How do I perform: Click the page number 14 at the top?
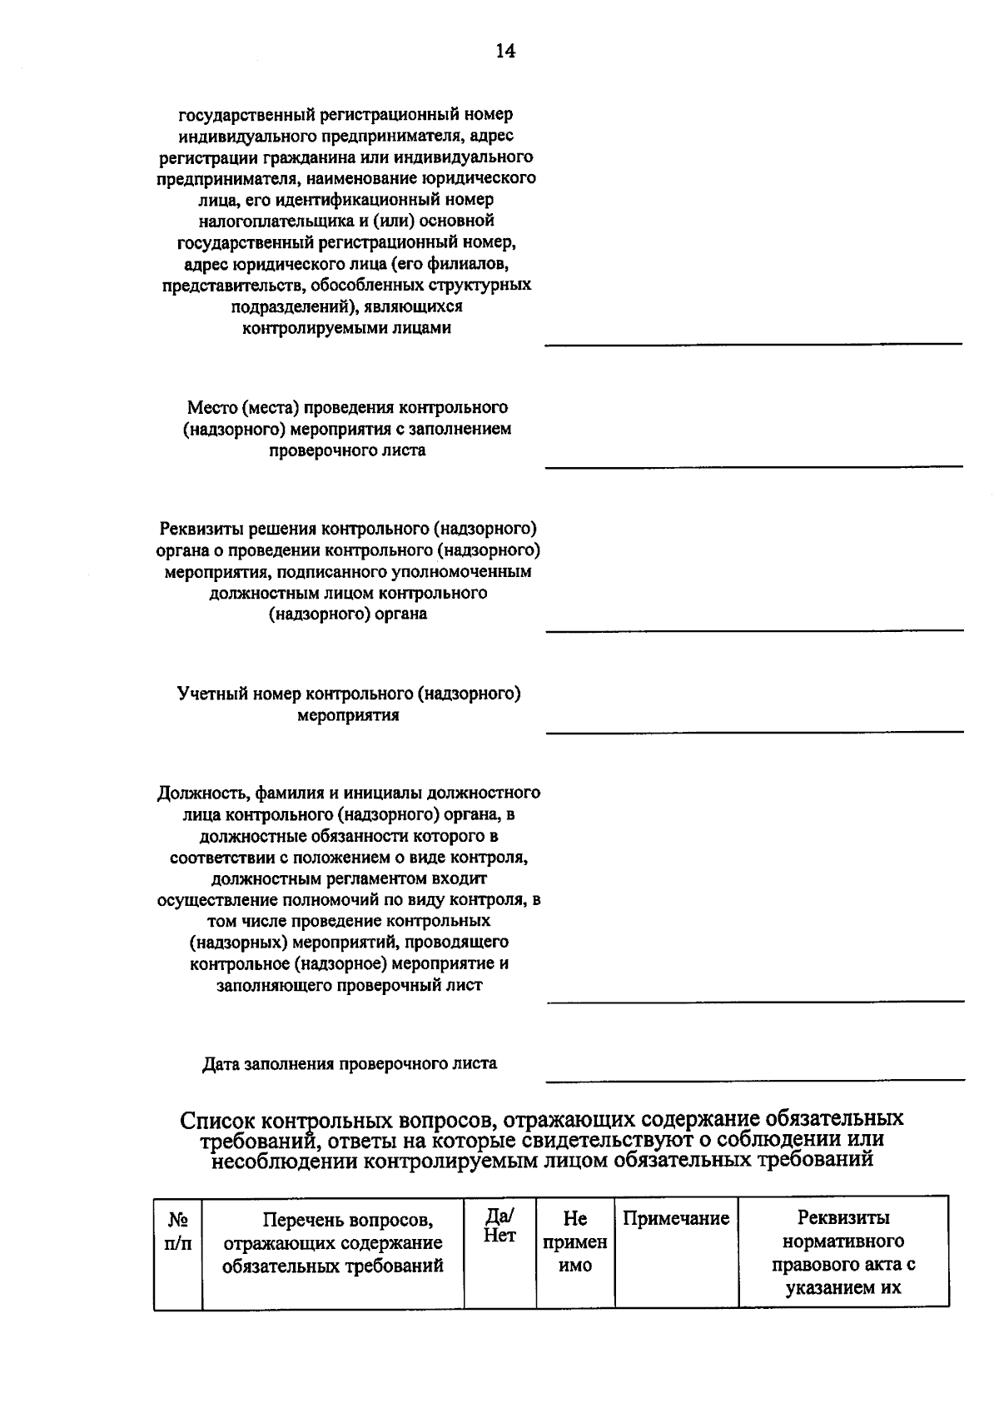[505, 52]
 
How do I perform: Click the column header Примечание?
[676, 1219]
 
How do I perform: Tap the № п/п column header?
[177, 1231]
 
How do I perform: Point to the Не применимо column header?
[574, 1242]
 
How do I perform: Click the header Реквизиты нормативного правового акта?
[842, 1253]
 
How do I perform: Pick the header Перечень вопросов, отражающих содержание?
[333, 1242]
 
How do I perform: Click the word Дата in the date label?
[221, 1063]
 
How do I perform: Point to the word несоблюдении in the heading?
[283, 1160]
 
